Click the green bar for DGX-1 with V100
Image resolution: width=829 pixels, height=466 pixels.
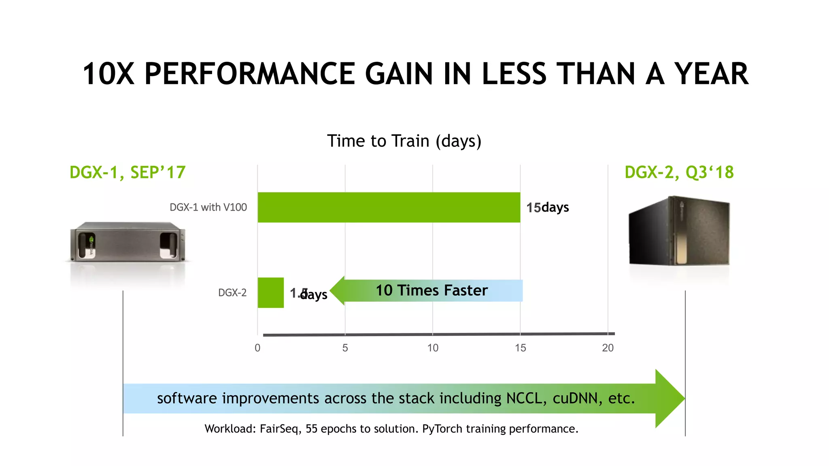coord(389,207)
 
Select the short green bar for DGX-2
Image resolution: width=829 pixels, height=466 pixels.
coord(270,292)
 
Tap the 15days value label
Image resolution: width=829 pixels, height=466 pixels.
coord(547,208)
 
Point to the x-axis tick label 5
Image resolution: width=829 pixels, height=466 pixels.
coord(345,348)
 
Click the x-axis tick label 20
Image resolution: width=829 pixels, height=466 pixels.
coord(608,348)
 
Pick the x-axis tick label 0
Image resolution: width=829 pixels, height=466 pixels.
coord(257,348)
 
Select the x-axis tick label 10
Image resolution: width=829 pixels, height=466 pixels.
coord(433,348)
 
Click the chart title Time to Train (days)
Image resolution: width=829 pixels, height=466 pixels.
coord(404,141)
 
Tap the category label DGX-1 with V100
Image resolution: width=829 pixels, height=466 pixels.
coord(208,207)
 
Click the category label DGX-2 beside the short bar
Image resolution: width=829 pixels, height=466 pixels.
coord(232,292)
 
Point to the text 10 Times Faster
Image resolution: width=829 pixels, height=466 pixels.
coord(432,290)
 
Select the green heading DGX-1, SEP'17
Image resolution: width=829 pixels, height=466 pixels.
coord(128,172)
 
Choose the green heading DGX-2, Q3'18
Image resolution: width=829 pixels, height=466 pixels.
coord(679,172)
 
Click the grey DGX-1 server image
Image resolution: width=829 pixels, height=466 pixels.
coord(128,241)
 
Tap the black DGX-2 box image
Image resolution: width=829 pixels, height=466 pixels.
coord(679,231)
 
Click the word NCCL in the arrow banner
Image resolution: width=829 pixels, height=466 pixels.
coord(524,398)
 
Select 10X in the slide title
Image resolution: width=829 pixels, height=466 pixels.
coord(108,74)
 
